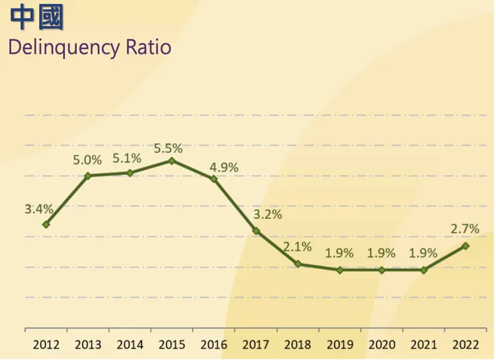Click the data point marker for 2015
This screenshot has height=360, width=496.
click(172, 161)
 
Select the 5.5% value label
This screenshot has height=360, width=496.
click(168, 148)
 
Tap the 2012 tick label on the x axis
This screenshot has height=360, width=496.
click(46, 345)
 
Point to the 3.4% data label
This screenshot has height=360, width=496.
click(39, 208)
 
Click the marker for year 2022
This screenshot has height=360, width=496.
click(466, 246)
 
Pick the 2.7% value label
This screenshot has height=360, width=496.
click(465, 229)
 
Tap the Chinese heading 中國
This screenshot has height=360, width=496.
click(37, 19)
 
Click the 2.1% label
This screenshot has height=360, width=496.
click(298, 247)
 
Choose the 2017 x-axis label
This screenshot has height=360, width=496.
click(255, 345)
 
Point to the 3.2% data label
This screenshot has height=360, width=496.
click(267, 215)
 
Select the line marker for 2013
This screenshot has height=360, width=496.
click(88, 176)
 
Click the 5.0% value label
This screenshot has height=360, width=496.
click(88, 160)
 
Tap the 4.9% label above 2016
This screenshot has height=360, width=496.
click(224, 168)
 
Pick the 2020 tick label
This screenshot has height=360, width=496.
click(381, 345)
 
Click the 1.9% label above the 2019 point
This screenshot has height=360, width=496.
click(340, 253)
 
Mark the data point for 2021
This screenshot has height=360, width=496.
click(424, 270)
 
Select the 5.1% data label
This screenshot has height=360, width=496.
click(127, 158)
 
